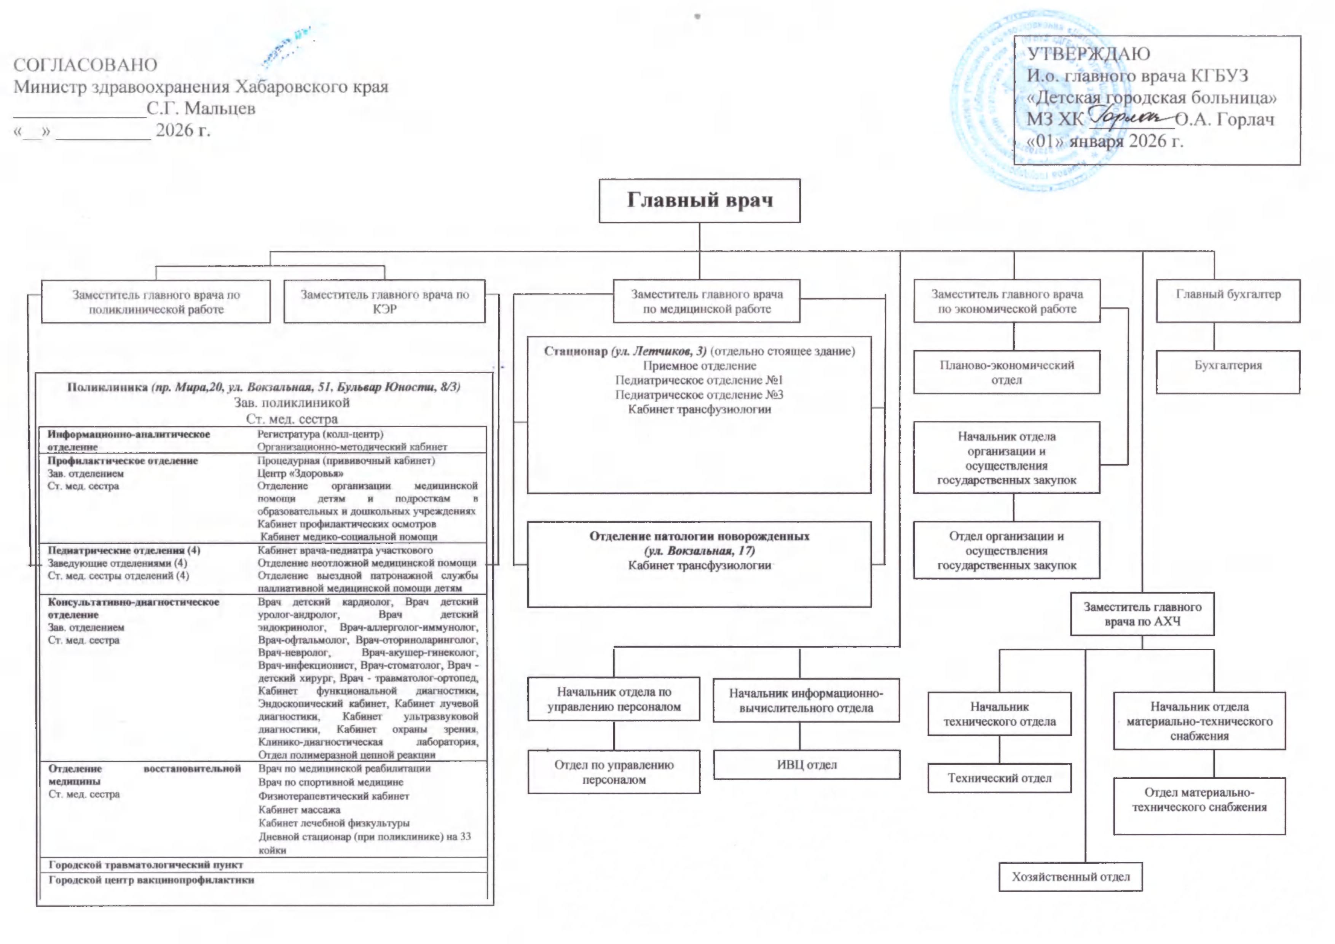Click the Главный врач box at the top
pyautogui.click(x=700, y=201)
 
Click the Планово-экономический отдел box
pyautogui.click(x=1006, y=372)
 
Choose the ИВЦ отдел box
pyautogui.click(x=807, y=764)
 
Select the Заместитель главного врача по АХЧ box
pyautogui.click(x=1142, y=614)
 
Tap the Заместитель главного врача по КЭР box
pyautogui.click(x=384, y=301)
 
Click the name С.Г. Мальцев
pyautogui.click(x=201, y=109)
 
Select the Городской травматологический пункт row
pyautogui.click(x=145, y=865)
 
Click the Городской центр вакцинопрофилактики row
pyautogui.click(x=151, y=880)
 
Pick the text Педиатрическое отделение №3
pyautogui.click(x=700, y=395)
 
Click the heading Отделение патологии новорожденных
pyautogui.click(x=700, y=536)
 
